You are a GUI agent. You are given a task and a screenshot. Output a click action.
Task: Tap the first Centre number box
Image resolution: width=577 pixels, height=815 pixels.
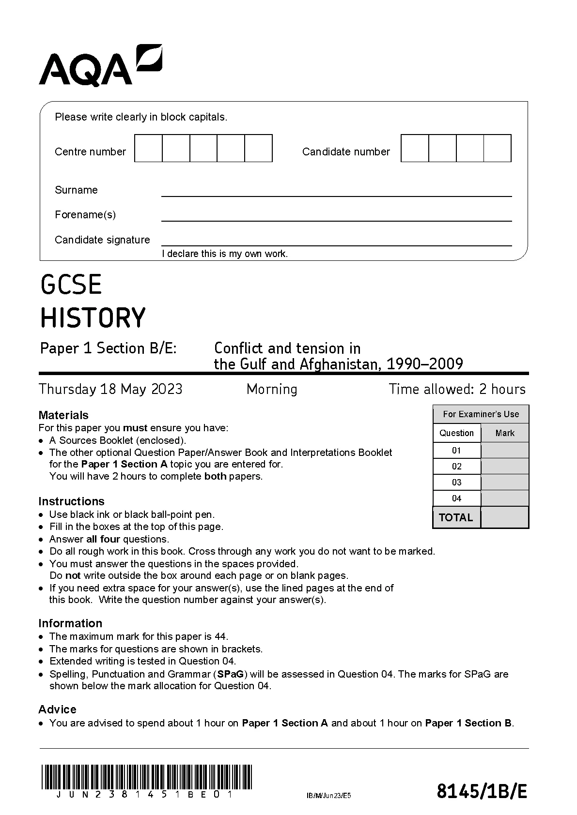(148, 149)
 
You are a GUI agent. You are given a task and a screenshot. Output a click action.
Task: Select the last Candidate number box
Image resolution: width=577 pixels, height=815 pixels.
(498, 149)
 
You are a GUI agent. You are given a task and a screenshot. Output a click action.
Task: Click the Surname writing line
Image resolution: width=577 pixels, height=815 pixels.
(336, 193)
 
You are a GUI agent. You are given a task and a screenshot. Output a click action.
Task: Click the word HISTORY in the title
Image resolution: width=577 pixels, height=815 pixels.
(93, 318)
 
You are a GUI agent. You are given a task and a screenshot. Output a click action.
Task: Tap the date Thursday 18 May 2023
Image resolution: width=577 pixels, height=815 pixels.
(110, 389)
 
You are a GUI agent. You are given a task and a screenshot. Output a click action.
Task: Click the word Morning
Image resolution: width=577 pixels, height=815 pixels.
(272, 389)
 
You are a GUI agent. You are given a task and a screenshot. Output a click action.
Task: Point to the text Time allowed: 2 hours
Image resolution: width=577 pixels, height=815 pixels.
(457, 389)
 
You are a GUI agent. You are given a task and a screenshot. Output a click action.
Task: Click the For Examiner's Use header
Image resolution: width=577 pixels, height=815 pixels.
(481, 414)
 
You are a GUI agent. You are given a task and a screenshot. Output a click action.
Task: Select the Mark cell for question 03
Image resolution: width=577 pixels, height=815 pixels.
(504, 483)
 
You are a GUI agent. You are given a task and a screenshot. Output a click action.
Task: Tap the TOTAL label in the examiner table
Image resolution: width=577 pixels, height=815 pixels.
(456, 517)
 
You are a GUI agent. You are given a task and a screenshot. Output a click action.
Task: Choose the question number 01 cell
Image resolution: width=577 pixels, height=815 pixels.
(456, 451)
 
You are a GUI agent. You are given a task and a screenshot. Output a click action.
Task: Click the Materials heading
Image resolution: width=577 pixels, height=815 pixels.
(63, 415)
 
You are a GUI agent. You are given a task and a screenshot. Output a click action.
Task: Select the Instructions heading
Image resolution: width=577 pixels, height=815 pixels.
(71, 501)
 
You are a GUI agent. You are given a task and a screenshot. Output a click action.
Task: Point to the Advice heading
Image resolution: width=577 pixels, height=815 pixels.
(57, 709)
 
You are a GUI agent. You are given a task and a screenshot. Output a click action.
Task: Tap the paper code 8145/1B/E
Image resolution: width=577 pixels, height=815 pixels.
(482, 792)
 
